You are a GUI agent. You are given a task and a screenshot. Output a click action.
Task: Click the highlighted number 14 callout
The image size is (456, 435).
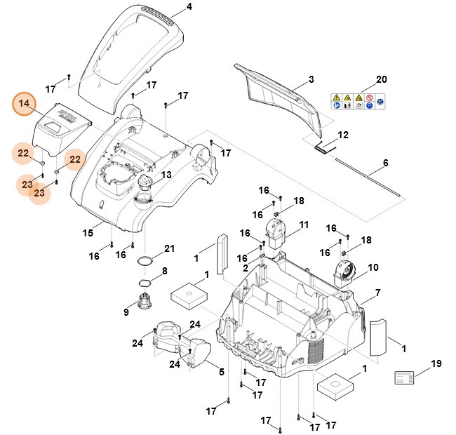click(25, 104)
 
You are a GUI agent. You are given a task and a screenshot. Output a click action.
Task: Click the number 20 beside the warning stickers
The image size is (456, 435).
click(381, 79)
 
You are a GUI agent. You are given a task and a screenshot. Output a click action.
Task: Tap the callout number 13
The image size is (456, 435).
click(166, 175)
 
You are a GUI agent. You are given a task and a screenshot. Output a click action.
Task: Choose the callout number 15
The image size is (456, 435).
click(88, 232)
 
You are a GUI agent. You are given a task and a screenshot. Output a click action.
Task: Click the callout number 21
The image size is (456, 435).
click(168, 248)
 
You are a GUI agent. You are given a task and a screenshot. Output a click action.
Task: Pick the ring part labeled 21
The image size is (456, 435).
click(145, 261)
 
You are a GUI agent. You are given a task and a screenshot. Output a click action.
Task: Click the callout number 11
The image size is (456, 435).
click(304, 225)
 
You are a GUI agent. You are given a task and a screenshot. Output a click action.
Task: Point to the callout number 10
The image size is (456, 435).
click(373, 267)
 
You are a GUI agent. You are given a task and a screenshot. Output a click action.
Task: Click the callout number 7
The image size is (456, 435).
click(377, 292)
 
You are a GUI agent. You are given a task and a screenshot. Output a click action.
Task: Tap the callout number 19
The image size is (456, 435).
click(436, 363)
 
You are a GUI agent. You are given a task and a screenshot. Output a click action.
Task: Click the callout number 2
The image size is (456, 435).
click(246, 268)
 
